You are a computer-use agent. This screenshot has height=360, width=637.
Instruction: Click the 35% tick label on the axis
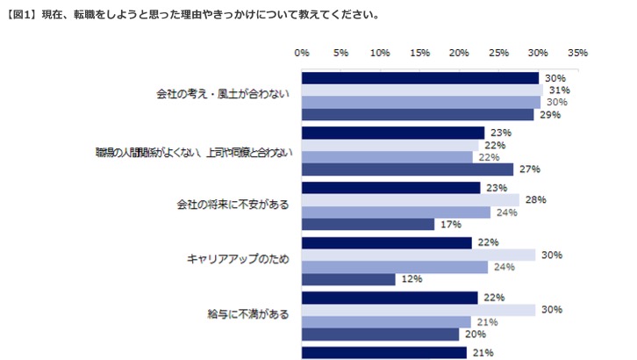pos(577,54)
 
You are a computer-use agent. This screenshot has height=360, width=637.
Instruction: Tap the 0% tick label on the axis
pos(302,54)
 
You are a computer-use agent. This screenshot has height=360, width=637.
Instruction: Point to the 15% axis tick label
pos(419,54)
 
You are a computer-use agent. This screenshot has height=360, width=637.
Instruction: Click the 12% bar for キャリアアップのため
pos(348,279)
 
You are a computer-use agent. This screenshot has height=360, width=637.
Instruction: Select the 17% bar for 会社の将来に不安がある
pos(368,224)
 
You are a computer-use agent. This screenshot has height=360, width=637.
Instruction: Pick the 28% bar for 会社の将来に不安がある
pos(411,199)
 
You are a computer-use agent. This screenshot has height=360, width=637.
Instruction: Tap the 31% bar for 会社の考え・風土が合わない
pos(422,90)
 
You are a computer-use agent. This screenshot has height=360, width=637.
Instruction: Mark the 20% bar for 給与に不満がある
pos(380,334)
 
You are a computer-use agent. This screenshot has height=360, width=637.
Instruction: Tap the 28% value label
pos(535,199)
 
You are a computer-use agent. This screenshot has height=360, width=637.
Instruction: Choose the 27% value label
pos(529,169)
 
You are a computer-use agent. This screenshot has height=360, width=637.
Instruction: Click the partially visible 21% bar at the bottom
pos(383,353)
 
